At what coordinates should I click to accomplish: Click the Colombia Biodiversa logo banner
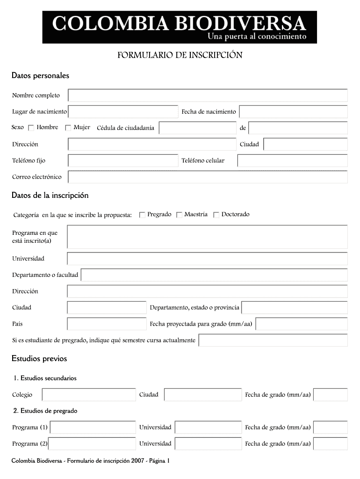coord(180,27)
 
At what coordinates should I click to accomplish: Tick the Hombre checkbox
coord(31,128)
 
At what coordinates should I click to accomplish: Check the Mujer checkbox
coord(68,128)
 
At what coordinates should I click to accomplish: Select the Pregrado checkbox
coord(142,215)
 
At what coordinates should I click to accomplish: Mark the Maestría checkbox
coord(179,215)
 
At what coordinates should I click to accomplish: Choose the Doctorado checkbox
coord(216,215)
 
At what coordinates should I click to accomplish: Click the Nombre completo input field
coord(208,95)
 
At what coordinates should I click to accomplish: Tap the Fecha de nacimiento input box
coord(293,112)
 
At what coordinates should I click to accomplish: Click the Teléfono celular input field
coord(292,160)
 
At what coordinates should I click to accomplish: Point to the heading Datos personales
coord(40,75)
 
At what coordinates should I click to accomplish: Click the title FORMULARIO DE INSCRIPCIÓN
coord(180,56)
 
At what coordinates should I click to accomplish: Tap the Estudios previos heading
coord(39,359)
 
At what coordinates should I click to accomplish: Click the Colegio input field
coord(89,395)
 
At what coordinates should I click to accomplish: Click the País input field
coord(107,324)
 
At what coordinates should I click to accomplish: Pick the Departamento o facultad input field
coord(214,275)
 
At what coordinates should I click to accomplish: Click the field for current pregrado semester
coord(273,340)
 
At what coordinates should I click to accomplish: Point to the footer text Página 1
coord(158,461)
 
